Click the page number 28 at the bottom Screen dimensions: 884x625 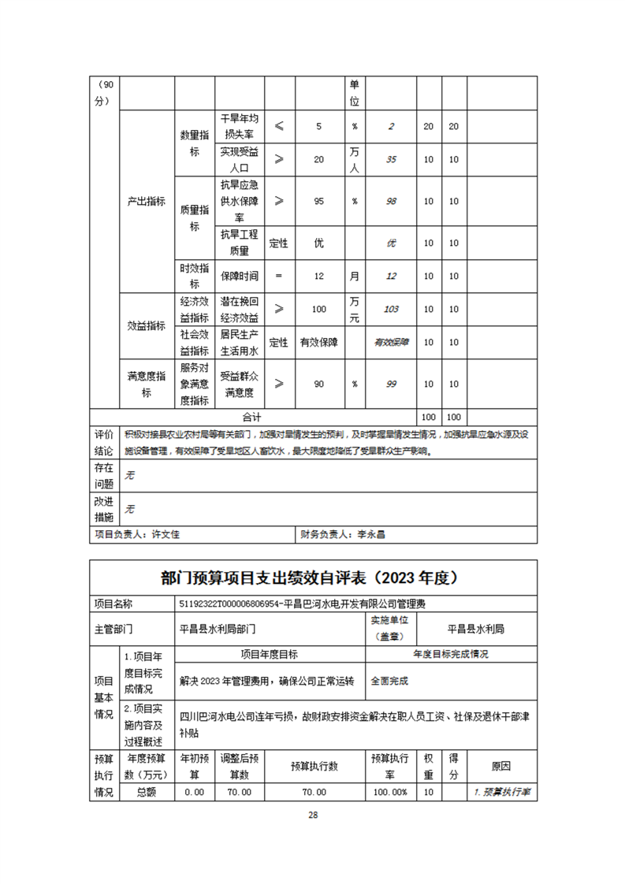313,815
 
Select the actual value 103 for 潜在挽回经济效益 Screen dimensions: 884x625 391,310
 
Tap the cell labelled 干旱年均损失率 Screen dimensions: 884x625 239,126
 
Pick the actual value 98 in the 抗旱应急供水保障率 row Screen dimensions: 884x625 391,201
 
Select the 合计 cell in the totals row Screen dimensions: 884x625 251,416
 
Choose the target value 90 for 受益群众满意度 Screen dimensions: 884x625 319,384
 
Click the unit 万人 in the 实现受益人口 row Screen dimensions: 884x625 355,159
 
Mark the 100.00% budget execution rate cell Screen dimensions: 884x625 389,792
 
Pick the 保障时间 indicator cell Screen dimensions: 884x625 239,276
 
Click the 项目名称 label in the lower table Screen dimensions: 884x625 113,604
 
